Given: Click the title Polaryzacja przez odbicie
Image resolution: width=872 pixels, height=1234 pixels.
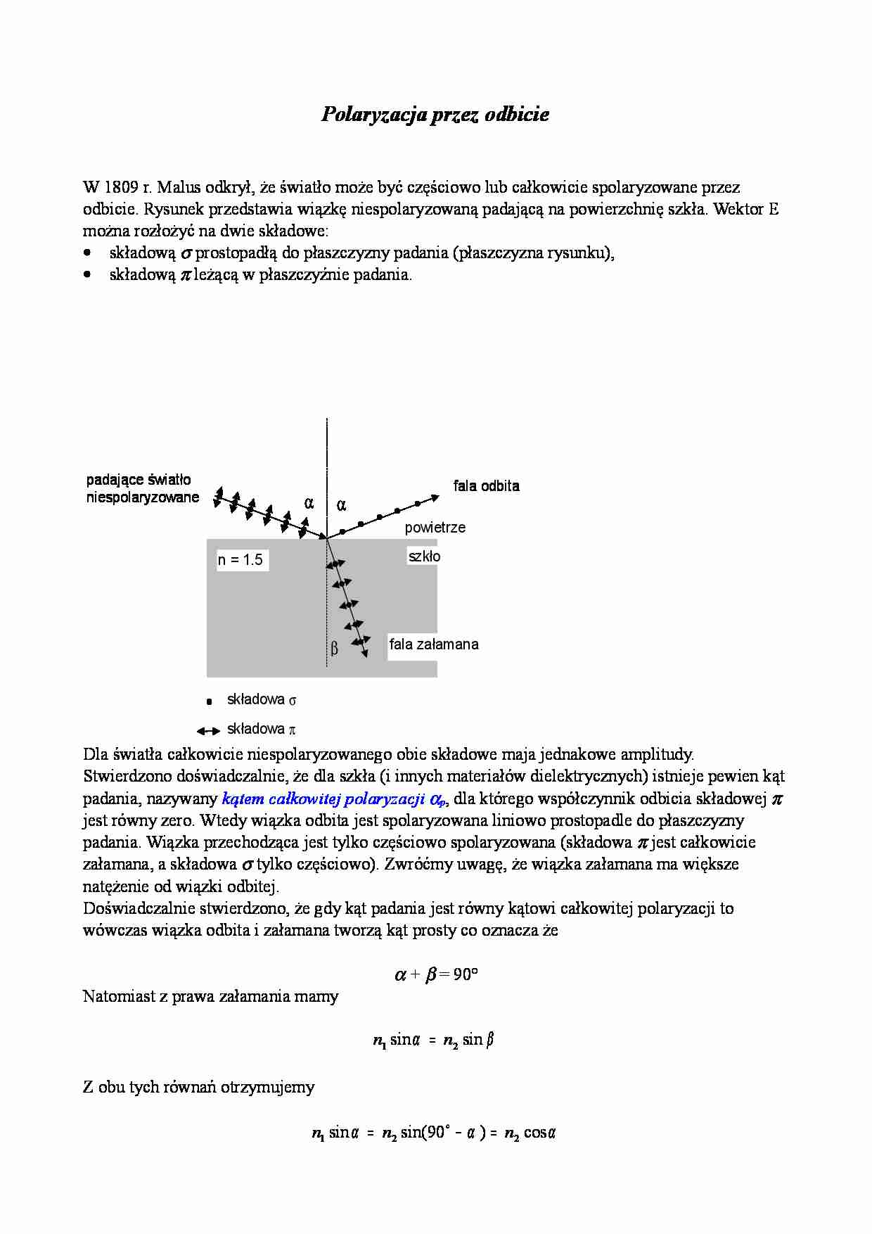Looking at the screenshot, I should click(435, 115).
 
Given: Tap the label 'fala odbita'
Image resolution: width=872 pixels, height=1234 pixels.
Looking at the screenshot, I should click(486, 486).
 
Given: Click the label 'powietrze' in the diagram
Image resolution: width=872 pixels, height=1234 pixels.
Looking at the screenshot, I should click(435, 528).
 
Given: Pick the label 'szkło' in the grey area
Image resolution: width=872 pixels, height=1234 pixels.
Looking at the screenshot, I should click(424, 556).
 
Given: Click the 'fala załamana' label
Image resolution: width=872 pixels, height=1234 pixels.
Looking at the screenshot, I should click(434, 644).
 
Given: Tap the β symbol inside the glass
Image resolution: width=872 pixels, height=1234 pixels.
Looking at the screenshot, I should click(335, 648).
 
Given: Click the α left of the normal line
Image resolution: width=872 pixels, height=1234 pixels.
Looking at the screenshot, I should click(308, 504).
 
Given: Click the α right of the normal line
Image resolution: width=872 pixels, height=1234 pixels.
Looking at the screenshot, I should click(342, 505).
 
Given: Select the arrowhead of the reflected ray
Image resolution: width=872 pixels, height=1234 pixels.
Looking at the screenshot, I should click(435, 497).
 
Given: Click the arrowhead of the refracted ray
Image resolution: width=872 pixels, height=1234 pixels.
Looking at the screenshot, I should click(364, 654).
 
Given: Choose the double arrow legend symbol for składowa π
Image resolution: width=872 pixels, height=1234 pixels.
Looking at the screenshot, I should click(209, 731).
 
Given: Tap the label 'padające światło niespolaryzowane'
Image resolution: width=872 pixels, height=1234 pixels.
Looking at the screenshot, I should click(142, 489).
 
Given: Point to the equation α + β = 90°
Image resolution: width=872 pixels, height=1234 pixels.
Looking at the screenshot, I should click(435, 975).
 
